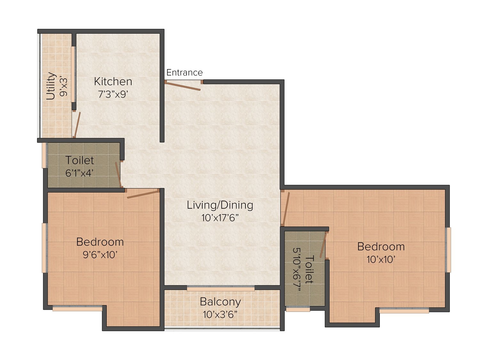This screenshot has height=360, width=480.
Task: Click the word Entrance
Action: coord(184,72)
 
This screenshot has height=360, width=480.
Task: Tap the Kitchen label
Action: coord(113,82)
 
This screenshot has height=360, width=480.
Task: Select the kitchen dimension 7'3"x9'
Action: coord(113,94)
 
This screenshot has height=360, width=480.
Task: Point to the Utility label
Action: coord(51,86)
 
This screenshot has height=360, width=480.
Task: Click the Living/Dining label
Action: coord(220,205)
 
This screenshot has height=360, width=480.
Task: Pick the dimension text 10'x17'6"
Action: coord(220,218)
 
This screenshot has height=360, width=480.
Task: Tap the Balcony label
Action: coord(220,302)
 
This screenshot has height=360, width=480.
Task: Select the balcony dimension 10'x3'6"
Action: coord(220,315)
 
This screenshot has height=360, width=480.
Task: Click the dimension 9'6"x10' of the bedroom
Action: coord(100,255)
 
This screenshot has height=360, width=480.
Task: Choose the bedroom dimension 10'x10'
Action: coord(381,260)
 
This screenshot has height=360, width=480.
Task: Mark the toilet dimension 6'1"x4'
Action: coord(79,173)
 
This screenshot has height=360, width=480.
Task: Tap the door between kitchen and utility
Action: coord(77,124)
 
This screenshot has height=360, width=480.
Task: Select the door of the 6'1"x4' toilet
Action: coord(118,175)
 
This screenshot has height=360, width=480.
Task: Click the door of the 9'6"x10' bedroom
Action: coord(143,194)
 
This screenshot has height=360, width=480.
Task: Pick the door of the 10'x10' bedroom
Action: coord(286,209)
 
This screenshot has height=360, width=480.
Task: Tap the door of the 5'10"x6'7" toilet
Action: coord(323,245)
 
